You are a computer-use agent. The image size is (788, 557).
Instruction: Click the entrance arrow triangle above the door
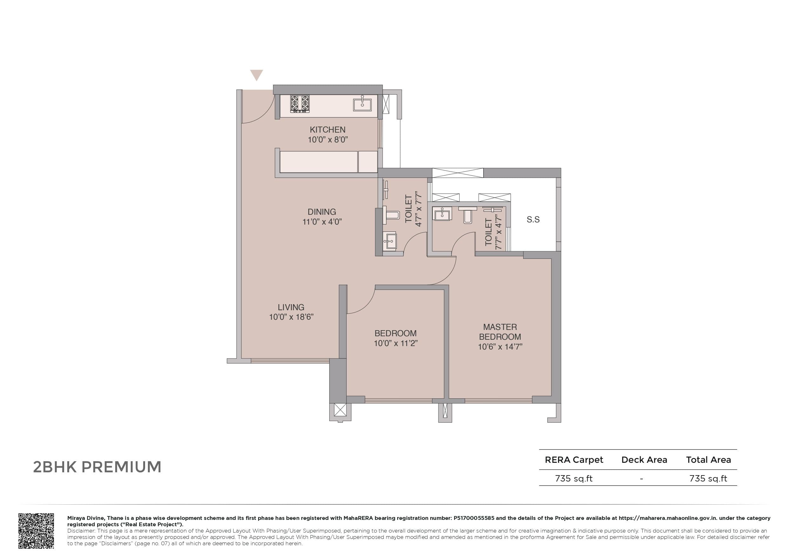click(x=257, y=75)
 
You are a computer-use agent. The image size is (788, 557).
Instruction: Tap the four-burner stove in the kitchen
click(x=300, y=104)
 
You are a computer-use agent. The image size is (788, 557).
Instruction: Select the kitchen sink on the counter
click(x=362, y=104)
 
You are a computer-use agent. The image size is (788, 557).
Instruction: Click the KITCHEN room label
click(x=327, y=130)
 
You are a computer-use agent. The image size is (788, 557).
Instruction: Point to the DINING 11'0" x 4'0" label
click(x=322, y=217)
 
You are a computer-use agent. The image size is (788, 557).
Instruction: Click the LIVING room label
click(x=291, y=307)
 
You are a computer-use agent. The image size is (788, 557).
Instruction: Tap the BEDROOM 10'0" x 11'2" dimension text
click(x=395, y=343)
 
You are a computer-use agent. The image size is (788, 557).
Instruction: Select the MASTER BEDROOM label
click(x=500, y=332)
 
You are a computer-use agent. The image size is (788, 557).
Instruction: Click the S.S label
click(x=533, y=220)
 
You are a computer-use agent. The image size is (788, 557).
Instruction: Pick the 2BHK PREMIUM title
click(x=97, y=467)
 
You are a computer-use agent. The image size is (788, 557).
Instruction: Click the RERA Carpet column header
click(x=574, y=460)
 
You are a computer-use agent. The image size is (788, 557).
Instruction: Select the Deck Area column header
click(x=644, y=460)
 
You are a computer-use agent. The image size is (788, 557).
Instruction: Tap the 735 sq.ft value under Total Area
click(x=708, y=478)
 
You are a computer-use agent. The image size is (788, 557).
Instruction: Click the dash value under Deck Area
click(x=641, y=478)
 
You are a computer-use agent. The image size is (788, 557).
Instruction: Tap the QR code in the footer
click(x=36, y=531)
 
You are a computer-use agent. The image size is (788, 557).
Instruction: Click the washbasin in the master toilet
click(x=442, y=214)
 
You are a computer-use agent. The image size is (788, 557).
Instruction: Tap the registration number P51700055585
click(x=474, y=518)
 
